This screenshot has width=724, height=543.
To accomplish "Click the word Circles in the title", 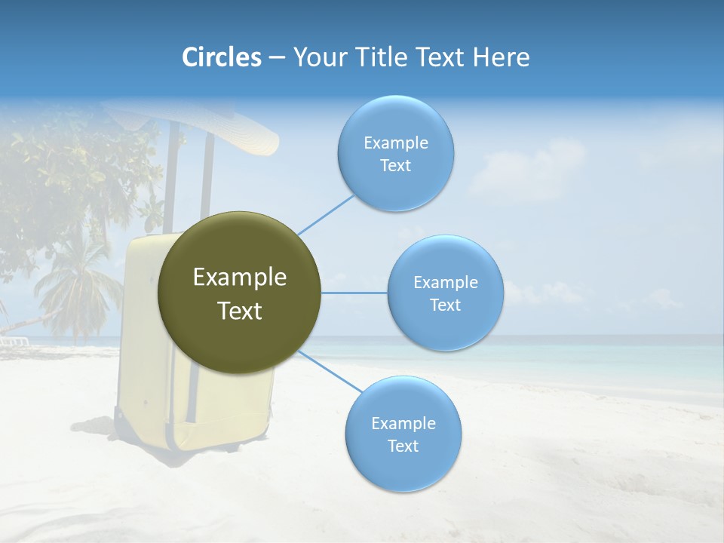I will click(222, 57).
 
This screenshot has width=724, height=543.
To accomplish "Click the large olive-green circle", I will click(239, 293).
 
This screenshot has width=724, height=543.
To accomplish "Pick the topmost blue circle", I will click(395, 153).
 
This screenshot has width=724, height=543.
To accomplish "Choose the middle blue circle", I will click(445, 293).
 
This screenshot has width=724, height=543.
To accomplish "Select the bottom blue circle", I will click(403, 434).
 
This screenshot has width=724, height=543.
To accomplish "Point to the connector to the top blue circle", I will click(326, 214).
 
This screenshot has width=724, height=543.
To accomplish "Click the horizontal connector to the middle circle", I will click(354, 293).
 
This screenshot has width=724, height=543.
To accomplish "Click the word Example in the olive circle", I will click(239, 278).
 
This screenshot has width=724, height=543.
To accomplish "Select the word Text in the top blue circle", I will click(395, 166).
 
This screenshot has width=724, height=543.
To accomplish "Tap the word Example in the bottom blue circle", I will click(403, 423).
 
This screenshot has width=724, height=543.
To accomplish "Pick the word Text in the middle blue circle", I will click(445, 305).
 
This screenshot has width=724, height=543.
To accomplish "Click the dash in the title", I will click(276, 58).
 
